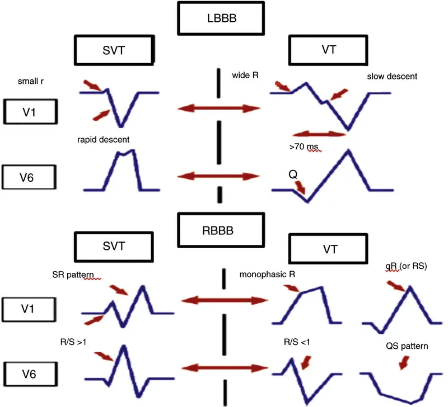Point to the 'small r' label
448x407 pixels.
(30, 83)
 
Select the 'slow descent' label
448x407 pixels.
(392, 76)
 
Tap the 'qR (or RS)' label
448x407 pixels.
(407, 266)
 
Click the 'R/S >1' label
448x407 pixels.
(73, 340)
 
